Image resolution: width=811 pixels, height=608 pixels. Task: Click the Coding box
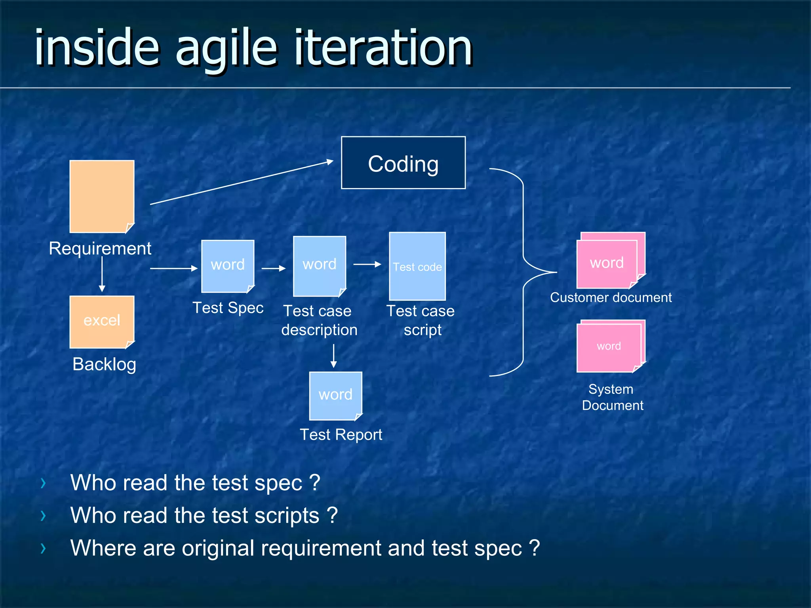(403, 163)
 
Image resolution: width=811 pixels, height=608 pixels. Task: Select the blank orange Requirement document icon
(102, 196)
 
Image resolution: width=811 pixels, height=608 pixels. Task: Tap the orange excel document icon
(102, 321)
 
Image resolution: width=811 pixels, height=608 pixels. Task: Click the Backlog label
(104, 364)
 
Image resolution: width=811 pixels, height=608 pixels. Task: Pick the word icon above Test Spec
(228, 266)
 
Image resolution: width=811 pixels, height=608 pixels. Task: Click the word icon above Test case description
(320, 266)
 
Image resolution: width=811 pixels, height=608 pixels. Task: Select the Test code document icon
(417, 266)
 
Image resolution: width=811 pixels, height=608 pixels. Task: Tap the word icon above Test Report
(335, 395)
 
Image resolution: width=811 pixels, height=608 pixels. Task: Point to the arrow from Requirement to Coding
(242, 182)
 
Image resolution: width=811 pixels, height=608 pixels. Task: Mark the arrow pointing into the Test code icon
(367, 264)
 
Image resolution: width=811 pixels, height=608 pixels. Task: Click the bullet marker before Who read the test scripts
(43, 515)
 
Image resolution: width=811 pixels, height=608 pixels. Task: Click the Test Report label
(341, 435)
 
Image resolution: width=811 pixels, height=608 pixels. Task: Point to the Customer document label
(611, 297)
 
